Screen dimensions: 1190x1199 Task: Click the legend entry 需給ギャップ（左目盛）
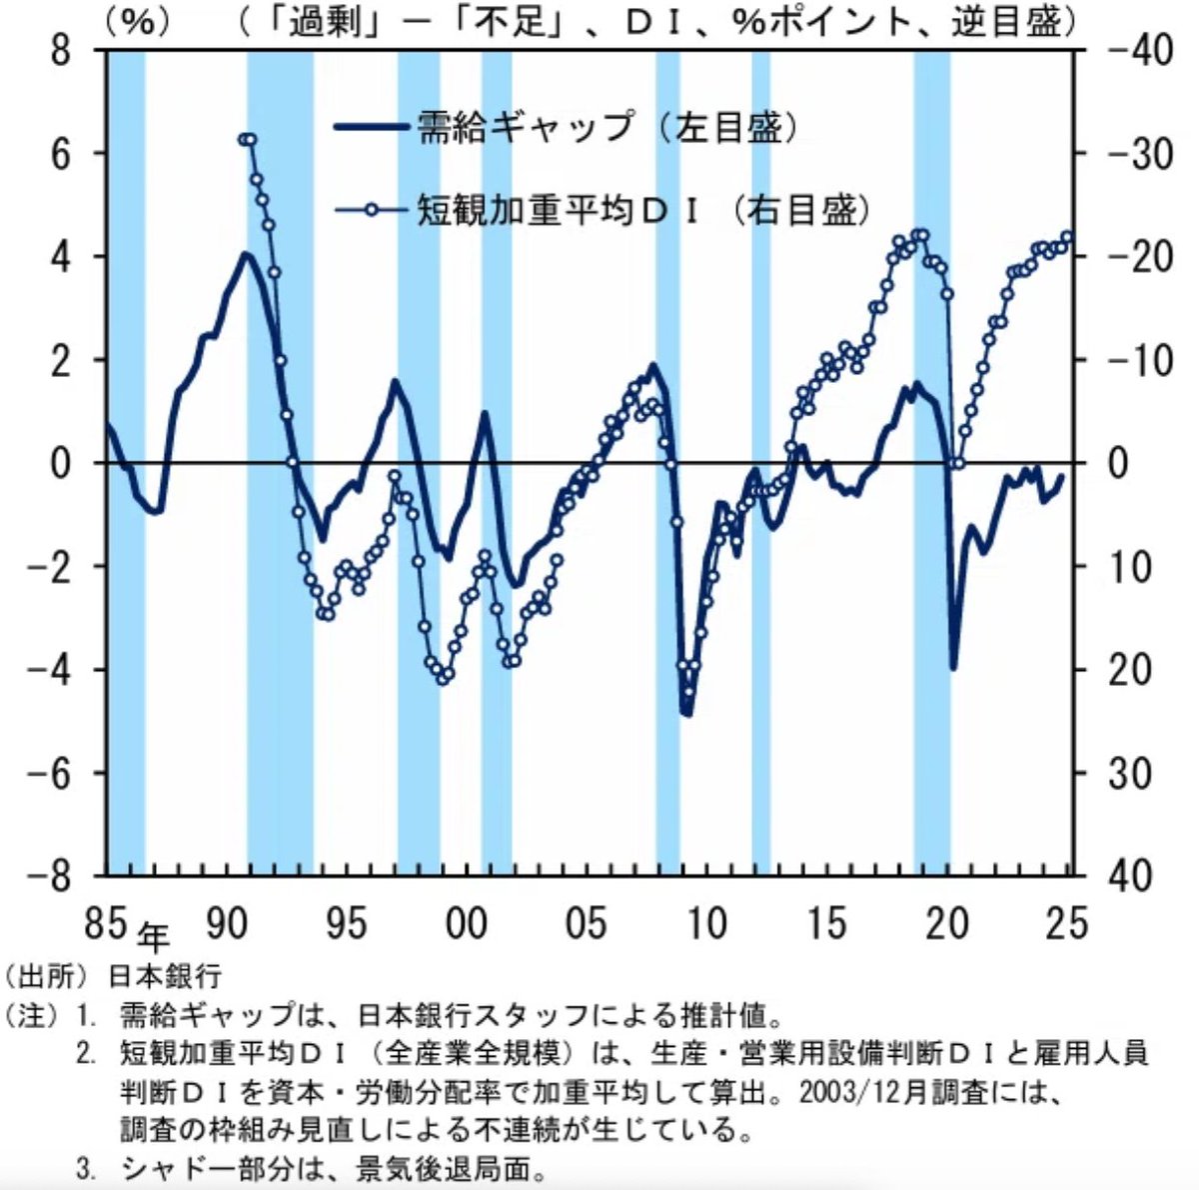[566, 127]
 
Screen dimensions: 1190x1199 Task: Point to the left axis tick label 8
[61, 50]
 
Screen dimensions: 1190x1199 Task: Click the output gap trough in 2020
[953, 667]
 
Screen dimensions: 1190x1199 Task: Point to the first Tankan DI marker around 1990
[243, 139]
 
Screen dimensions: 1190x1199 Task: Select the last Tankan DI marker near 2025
[1067, 237]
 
